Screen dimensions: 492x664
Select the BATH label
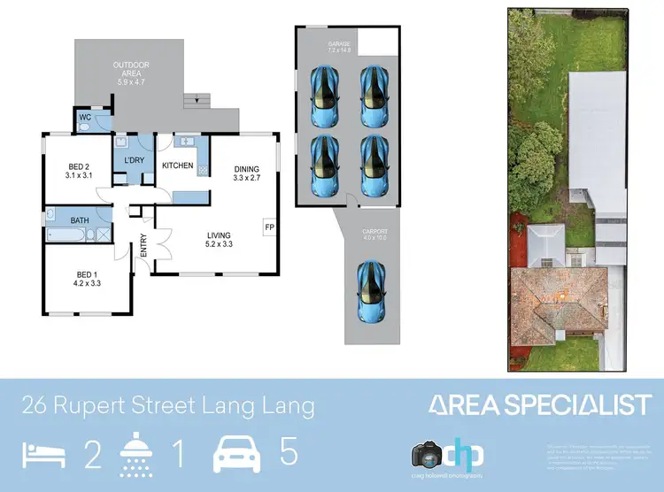pos(80,220)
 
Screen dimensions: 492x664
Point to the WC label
pos(85,117)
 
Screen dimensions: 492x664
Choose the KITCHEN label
pos(177,165)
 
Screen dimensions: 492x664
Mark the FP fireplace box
pos(269,227)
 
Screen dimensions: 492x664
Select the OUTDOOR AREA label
pos(130,73)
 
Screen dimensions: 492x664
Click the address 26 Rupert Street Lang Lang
pos(168,406)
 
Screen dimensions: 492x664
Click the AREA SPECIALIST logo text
pos(540,405)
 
